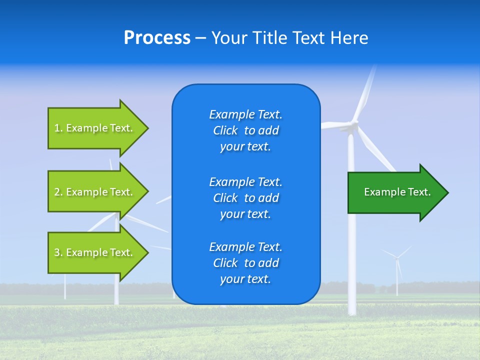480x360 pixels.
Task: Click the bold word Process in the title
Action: [x=157, y=38]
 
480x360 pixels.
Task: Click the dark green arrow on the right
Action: [x=395, y=192]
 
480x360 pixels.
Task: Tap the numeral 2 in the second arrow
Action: [x=57, y=192]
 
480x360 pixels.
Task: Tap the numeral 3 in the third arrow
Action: [x=57, y=252]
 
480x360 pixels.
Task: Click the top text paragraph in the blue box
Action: [x=245, y=130]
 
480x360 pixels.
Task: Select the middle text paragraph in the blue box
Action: [x=245, y=198]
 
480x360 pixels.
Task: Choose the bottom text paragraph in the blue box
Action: [x=245, y=263]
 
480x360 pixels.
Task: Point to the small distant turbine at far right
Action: [x=397, y=265]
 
